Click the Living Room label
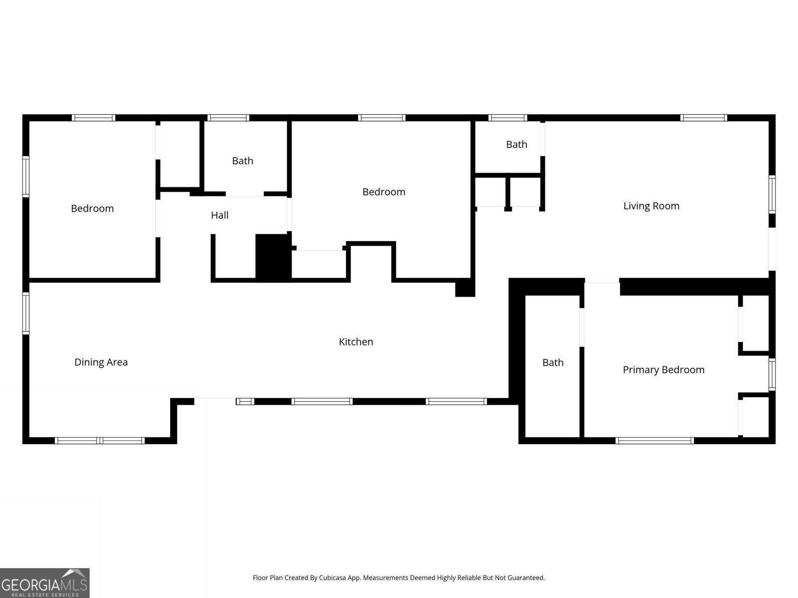(x=651, y=206)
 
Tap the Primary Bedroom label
(x=663, y=370)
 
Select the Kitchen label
(x=356, y=342)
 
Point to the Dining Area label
(x=101, y=362)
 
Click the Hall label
(x=219, y=215)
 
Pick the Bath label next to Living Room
(x=516, y=145)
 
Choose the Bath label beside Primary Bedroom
(x=553, y=363)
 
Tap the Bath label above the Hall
(x=242, y=161)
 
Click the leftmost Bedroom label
(x=92, y=209)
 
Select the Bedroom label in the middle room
(x=384, y=192)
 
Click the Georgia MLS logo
(x=44, y=583)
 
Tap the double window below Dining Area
(x=100, y=441)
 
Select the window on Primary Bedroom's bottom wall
(x=654, y=441)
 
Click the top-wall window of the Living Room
(x=703, y=118)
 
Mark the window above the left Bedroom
(x=93, y=118)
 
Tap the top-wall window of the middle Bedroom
(x=382, y=118)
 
